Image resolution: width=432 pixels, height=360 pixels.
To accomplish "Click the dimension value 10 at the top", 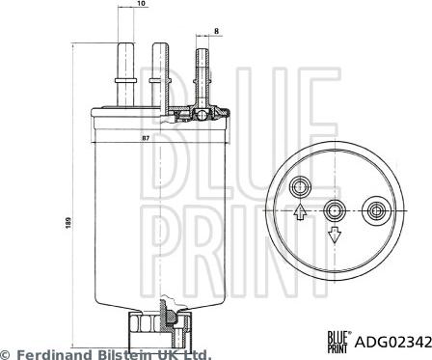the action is (x=141, y=4).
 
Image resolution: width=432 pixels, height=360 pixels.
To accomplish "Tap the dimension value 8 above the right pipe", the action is (x=216, y=31).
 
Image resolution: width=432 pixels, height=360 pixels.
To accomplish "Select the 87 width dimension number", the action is (x=146, y=138).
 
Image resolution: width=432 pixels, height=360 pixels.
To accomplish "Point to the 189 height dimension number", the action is (x=67, y=223).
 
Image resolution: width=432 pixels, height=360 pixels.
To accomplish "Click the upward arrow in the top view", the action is (x=300, y=211).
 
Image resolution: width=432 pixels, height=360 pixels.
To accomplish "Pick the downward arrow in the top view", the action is (x=335, y=235).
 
